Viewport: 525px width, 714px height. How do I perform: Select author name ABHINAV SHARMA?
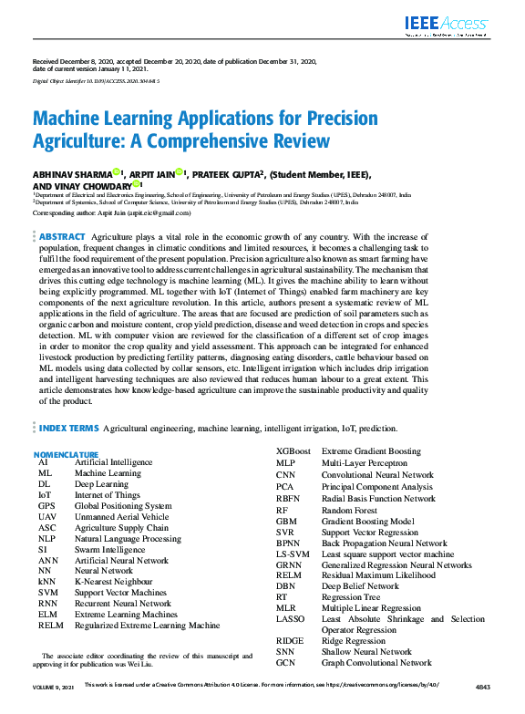pyautogui.click(x=72, y=173)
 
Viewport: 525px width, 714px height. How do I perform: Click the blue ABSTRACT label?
pyautogui.click(x=62, y=236)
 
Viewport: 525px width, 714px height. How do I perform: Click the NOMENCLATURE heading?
pyautogui.click(x=66, y=453)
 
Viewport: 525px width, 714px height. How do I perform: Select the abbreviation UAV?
pyautogui.click(x=46, y=516)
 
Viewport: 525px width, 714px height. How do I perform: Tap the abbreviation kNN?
pyautogui.click(x=47, y=580)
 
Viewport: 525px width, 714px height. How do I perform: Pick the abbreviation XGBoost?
pyautogui.click(x=293, y=451)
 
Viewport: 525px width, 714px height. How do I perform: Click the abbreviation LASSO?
pyautogui.click(x=292, y=619)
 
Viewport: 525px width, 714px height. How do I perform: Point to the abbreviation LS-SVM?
pyautogui.click(x=293, y=554)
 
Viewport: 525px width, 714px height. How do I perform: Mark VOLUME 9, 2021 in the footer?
pyautogui.click(x=53, y=709)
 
